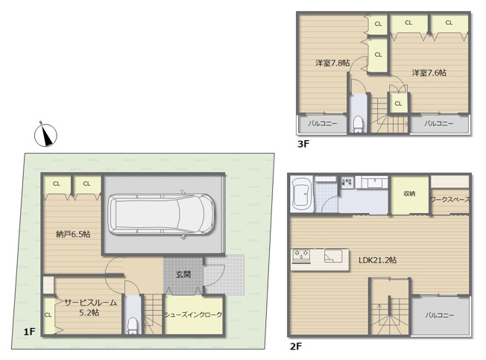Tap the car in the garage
click(162, 212)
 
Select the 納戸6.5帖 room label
click(73, 234)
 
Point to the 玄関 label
click(183, 274)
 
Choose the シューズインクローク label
click(193, 315)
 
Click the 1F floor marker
click(29, 331)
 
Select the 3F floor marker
click(303, 145)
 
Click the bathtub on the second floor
click(303, 192)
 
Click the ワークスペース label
click(449, 200)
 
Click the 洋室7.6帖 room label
click(429, 72)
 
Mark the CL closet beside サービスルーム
click(48, 315)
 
